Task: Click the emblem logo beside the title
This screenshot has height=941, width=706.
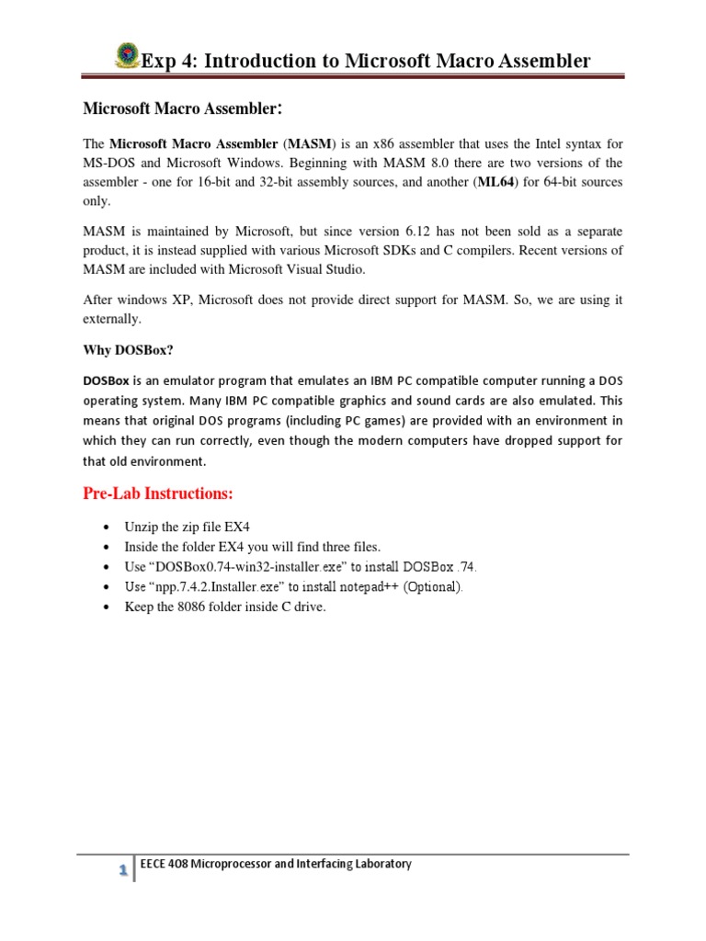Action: [x=127, y=55]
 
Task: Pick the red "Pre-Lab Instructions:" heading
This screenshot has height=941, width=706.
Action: [x=158, y=493]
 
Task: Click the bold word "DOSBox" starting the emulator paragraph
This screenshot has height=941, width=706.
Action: [x=106, y=380]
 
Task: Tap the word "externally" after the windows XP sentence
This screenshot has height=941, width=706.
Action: [x=114, y=318]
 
